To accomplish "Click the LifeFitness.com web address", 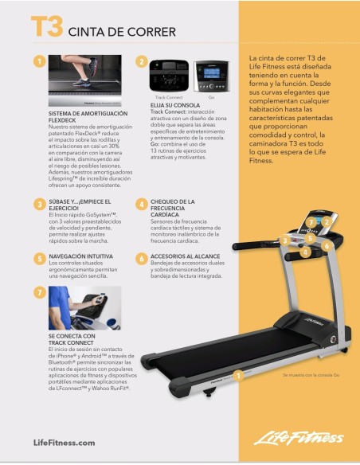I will click(65, 443).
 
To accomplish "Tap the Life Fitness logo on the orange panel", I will click(299, 439).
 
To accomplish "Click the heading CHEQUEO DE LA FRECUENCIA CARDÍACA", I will click(179, 208).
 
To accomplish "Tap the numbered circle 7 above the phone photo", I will click(39, 292).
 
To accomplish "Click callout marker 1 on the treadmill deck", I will click(238, 375).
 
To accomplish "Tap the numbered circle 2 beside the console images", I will click(141, 61).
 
